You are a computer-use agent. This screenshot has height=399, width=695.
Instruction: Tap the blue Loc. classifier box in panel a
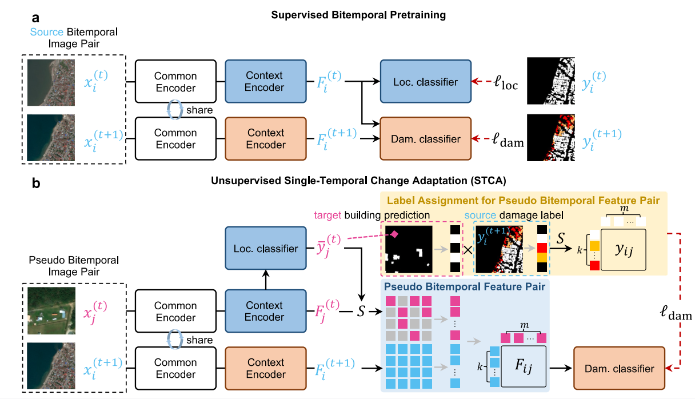(x=425, y=82)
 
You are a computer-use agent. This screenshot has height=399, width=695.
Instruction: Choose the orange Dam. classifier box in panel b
(x=619, y=368)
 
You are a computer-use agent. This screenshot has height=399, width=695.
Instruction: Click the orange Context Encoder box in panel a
(x=265, y=138)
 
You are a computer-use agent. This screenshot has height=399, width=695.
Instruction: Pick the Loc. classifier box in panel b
(x=265, y=248)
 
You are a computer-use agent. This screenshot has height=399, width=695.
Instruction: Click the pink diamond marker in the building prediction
(x=394, y=233)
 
